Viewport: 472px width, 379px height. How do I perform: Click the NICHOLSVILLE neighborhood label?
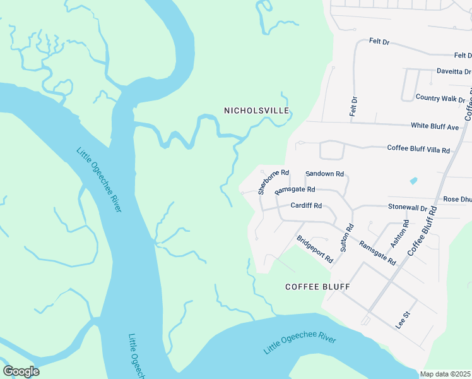[x=256, y=111]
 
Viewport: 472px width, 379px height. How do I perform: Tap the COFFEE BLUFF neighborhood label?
[x=317, y=287]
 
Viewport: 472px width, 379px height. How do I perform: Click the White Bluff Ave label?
[x=435, y=126]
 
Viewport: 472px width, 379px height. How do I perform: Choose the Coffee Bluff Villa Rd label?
[x=418, y=150]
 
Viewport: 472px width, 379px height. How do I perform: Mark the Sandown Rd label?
[x=324, y=174]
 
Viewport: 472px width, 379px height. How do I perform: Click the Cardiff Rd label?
[x=306, y=206]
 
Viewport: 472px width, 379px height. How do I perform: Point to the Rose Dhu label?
[x=457, y=200]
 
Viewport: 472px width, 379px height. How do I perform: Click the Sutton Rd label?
[x=346, y=238]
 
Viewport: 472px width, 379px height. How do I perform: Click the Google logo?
[x=21, y=371]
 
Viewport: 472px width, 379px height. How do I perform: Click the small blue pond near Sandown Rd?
[x=413, y=181]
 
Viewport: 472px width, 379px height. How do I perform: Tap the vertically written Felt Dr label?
[x=354, y=105]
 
